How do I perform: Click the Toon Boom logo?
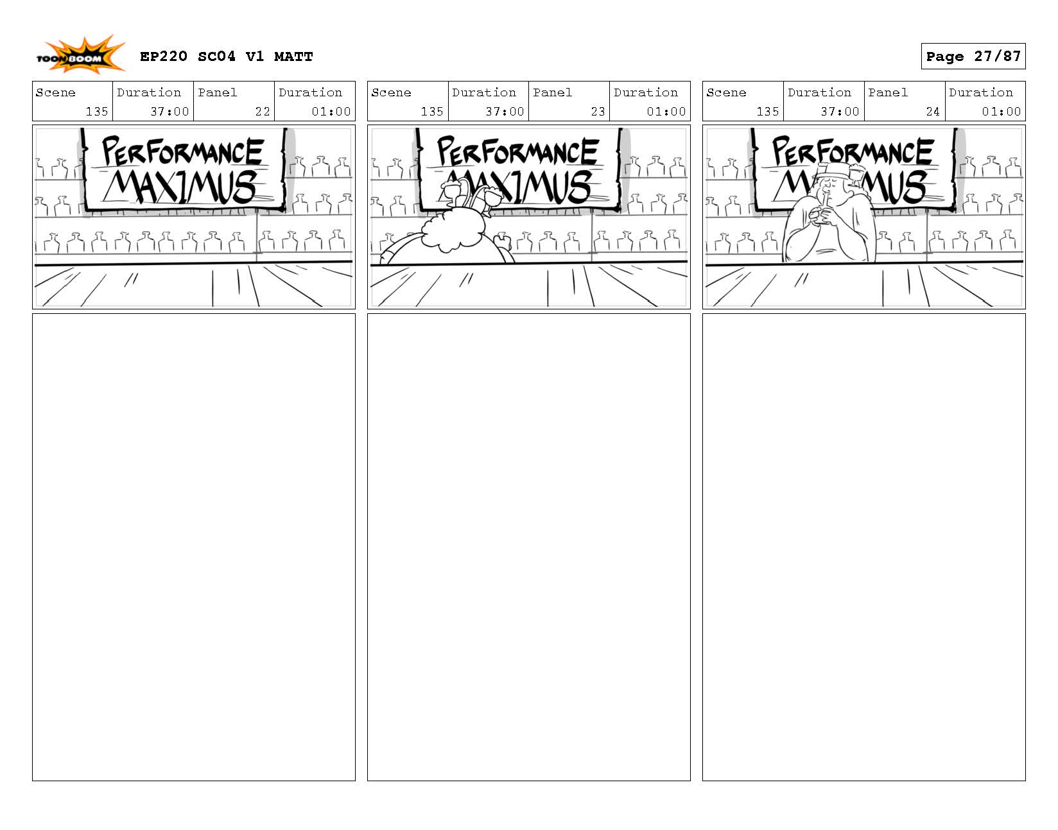(x=81, y=55)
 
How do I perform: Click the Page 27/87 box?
(x=973, y=56)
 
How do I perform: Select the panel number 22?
(x=263, y=112)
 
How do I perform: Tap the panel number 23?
(x=598, y=112)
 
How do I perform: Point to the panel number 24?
(x=932, y=112)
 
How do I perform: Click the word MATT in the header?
(x=293, y=56)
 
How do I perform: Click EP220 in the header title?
(x=164, y=56)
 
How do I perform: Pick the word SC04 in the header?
(x=216, y=56)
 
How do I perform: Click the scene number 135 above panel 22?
(x=96, y=112)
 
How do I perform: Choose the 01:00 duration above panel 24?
(x=1001, y=112)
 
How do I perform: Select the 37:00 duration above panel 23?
(x=505, y=112)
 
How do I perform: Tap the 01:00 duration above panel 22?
(x=331, y=112)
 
